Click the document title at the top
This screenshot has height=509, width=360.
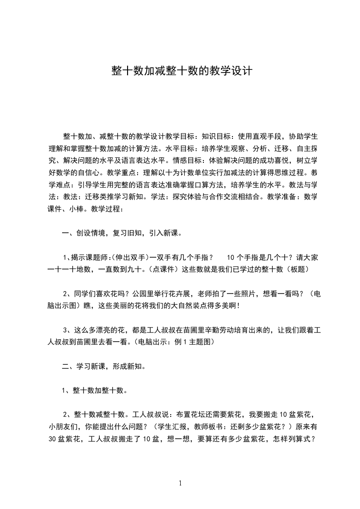point(181,71)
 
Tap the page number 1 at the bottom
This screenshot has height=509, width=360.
point(180,483)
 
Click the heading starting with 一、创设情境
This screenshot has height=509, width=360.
point(122,234)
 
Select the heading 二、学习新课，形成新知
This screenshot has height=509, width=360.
point(104,365)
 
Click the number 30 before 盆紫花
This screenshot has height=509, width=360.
point(51,438)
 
